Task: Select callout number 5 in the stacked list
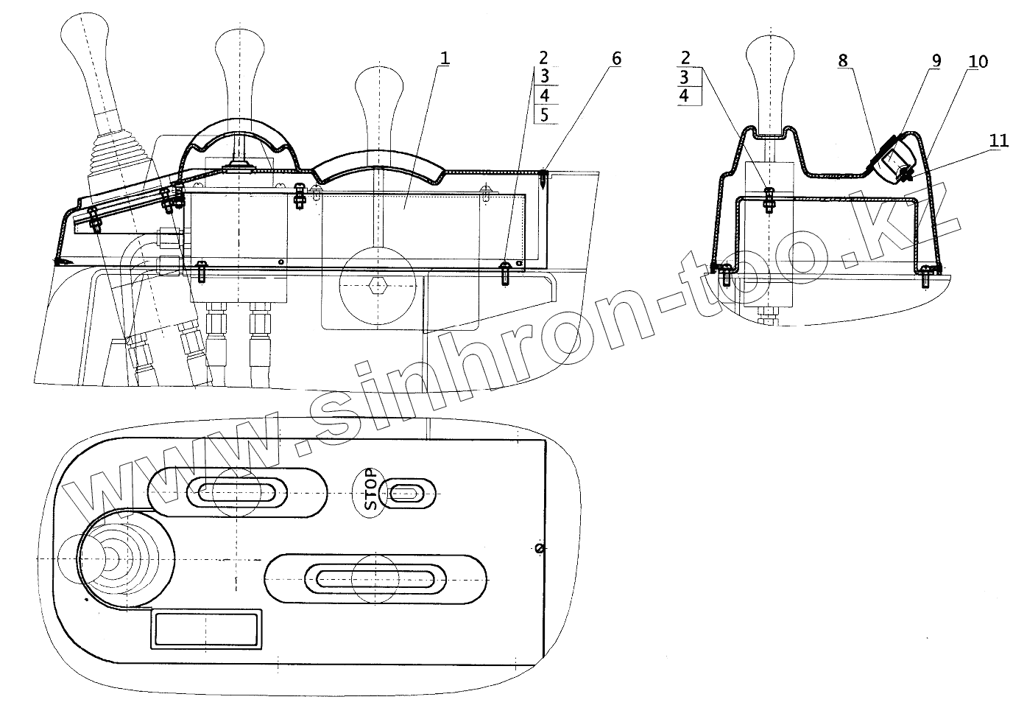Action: pos(544,114)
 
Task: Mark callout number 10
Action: pos(978,61)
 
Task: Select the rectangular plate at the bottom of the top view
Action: pos(206,629)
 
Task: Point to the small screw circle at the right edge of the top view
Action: pos(540,548)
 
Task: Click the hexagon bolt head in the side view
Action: pos(378,284)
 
